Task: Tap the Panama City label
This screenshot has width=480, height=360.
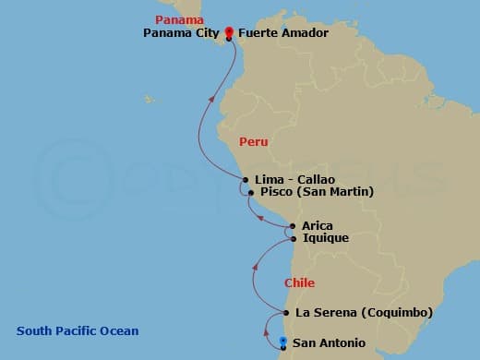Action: [181, 33]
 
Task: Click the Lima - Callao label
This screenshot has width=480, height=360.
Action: [294, 179]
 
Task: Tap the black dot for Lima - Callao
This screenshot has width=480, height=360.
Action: [246, 179]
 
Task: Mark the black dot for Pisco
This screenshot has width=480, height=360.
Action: [250, 193]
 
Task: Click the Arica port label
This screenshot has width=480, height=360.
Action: [318, 225]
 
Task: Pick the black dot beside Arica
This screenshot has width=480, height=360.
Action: [293, 225]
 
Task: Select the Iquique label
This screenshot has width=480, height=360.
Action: [326, 238]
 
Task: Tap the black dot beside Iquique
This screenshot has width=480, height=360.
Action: [294, 238]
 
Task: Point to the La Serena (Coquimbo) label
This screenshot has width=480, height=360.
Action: [364, 313]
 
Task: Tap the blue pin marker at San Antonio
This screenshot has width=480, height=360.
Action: [282, 343]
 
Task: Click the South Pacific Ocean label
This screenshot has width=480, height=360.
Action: [78, 330]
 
